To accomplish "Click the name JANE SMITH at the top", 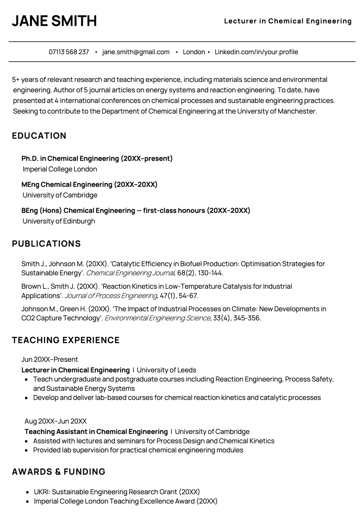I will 54,21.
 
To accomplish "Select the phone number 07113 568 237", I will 69,52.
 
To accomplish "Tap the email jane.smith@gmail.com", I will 136,52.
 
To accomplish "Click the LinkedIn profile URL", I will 256,52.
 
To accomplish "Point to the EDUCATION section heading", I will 39,136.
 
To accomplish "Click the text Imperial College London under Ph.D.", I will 60,169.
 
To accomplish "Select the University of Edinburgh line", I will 59,221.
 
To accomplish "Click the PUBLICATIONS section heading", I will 46,244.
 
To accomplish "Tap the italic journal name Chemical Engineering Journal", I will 130,273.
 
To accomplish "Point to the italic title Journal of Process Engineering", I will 111,296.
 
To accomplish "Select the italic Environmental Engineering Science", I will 157,318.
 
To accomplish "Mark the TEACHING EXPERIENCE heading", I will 66,340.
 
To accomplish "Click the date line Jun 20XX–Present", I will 50,359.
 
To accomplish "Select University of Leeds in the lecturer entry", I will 166,370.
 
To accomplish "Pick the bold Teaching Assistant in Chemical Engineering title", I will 96,432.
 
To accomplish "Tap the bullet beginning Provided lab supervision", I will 138,450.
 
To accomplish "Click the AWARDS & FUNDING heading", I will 59,472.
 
